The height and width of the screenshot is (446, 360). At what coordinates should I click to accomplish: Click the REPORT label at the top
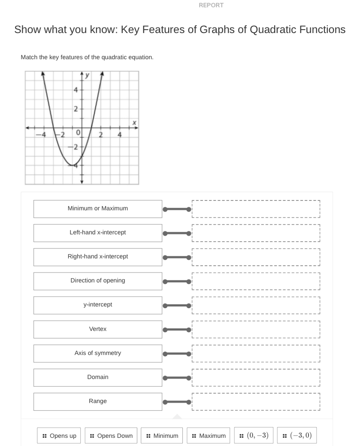212,6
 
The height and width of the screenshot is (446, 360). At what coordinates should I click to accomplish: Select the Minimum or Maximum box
98,209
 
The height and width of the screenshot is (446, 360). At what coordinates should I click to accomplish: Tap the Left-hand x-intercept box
98,233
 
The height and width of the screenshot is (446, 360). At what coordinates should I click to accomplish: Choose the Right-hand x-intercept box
98,257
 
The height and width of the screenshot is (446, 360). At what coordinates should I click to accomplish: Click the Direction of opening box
98,281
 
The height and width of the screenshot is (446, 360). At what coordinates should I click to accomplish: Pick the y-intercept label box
98,305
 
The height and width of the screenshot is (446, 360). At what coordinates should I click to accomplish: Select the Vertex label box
98,329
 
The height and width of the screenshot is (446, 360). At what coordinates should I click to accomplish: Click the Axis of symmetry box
98,353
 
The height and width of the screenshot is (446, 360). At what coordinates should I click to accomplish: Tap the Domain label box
98,377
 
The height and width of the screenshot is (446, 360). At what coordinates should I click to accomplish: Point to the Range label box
98,401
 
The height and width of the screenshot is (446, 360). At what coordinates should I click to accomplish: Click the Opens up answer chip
59,436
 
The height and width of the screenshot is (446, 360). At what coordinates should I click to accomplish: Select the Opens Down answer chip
112,436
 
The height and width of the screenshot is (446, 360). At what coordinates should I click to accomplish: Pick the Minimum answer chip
162,436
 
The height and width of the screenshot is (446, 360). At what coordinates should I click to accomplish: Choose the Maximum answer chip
209,436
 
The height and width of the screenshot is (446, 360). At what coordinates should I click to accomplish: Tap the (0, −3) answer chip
254,436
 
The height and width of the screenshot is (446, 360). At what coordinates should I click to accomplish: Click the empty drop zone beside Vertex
256,329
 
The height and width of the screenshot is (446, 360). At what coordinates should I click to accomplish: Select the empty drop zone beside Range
256,401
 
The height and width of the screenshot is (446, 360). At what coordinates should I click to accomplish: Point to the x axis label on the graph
134,123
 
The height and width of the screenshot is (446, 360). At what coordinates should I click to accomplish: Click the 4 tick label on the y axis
76,90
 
